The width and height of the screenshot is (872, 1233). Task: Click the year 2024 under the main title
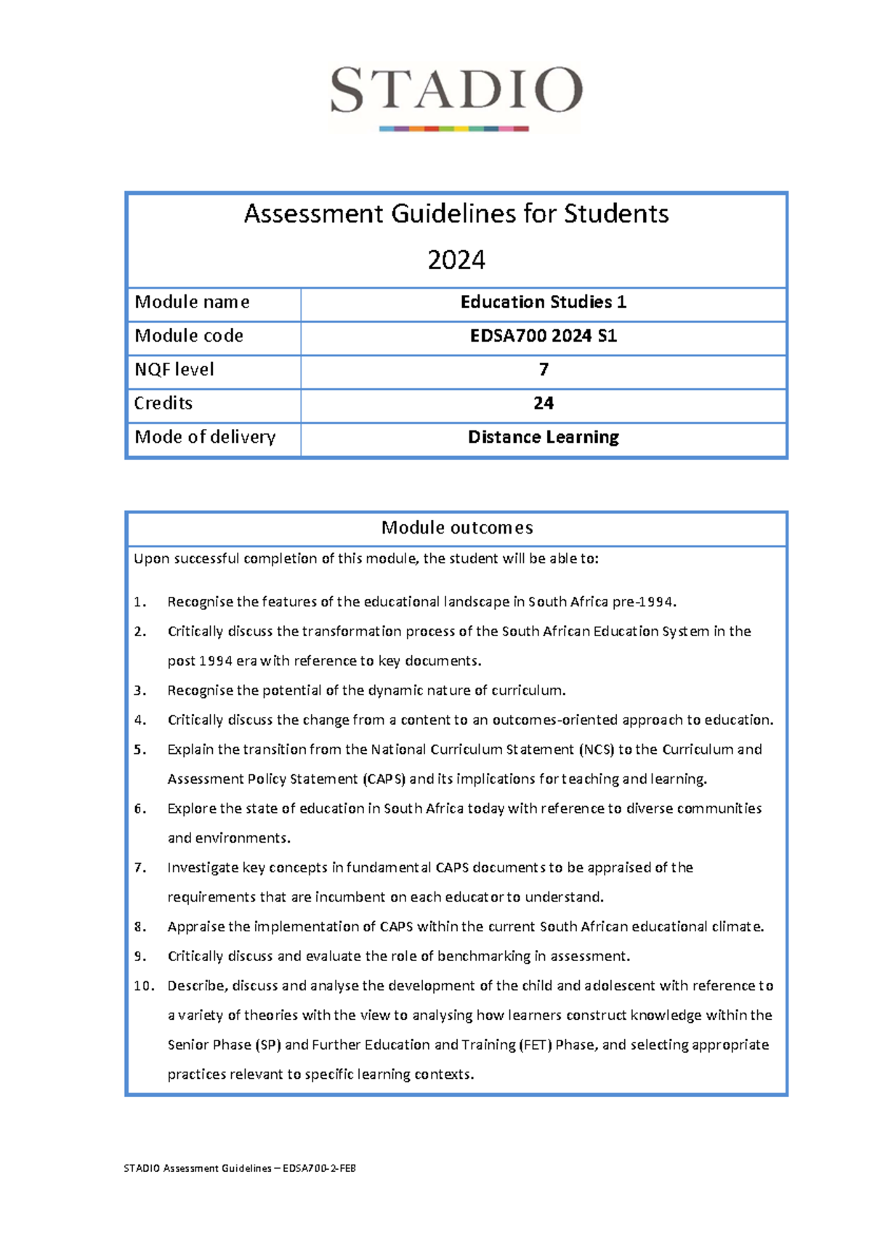[456, 260]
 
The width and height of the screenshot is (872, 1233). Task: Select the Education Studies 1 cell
[543, 302]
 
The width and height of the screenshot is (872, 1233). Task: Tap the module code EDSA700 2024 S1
[543, 336]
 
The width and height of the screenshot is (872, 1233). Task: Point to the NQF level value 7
[543, 369]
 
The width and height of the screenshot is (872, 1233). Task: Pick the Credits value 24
[543, 403]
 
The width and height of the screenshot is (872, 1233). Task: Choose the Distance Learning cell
[543, 437]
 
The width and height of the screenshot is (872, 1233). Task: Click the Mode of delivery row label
[205, 437]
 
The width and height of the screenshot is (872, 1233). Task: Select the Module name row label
[192, 302]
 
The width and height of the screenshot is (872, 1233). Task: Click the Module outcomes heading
[456, 528]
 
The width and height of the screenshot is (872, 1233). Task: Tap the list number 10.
[143, 986]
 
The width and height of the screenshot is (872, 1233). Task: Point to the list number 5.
[140, 750]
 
